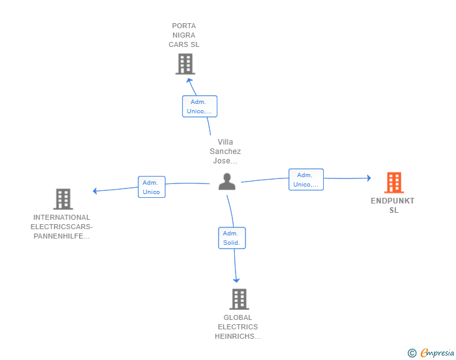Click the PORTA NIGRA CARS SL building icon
click(185, 64)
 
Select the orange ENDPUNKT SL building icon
click(394, 183)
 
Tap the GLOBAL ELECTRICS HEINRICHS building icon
click(239, 299)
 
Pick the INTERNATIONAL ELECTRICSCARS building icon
click(63, 199)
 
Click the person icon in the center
click(227, 182)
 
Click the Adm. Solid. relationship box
click(232, 238)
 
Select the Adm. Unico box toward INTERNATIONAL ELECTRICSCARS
click(152, 187)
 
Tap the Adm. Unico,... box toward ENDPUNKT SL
click(306, 180)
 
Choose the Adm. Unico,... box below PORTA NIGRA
click(199, 106)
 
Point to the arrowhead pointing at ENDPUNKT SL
click(369, 178)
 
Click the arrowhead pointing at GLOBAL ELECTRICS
click(236, 280)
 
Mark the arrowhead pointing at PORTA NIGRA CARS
click(189, 80)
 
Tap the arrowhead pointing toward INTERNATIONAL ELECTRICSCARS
click(95, 191)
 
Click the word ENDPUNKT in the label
click(393, 201)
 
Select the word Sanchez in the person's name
click(225, 152)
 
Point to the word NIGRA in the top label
click(184, 35)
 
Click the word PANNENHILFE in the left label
click(61, 236)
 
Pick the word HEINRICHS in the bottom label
click(237, 336)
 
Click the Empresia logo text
click(437, 352)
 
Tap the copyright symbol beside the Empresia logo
click(412, 353)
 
